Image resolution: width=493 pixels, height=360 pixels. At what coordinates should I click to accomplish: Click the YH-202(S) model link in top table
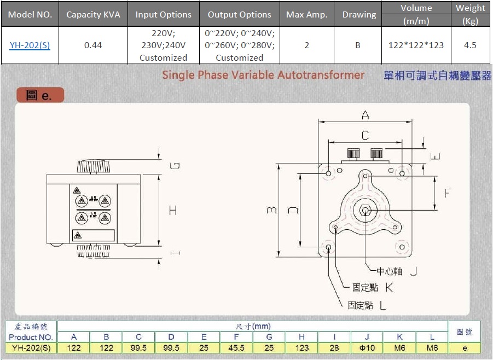(30, 45)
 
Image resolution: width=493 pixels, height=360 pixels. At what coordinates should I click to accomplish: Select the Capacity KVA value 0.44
(93, 45)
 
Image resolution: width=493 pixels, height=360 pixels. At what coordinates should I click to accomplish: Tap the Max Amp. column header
(306, 15)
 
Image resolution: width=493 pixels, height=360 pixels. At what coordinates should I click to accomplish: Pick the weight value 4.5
(470, 45)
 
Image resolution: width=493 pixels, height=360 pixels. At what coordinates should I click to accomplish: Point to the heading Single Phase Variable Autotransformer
(263, 75)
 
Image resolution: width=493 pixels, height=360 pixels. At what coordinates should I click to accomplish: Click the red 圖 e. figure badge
(39, 95)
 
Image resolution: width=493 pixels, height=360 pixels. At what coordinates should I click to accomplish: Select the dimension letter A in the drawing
(365, 115)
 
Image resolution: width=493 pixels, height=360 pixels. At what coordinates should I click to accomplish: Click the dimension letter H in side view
(173, 210)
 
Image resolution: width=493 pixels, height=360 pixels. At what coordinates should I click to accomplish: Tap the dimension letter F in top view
(448, 193)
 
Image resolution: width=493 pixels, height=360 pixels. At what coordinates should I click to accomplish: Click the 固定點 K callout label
(373, 287)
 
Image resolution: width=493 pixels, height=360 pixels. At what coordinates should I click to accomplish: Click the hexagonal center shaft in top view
(365, 210)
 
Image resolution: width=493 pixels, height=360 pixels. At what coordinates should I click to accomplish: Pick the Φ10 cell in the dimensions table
(367, 347)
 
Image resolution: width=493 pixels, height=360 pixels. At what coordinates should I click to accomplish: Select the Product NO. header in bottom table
(31, 337)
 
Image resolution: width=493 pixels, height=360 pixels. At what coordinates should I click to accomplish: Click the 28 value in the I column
(334, 347)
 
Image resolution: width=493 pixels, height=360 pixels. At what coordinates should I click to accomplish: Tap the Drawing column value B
(358, 45)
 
